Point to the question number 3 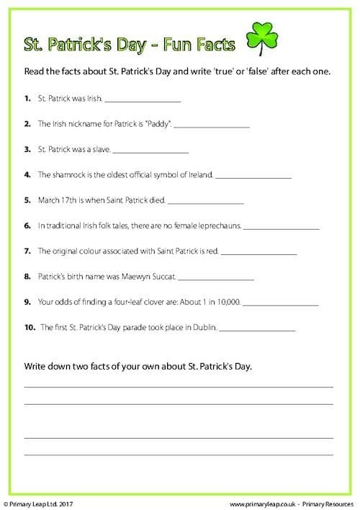click(x=27, y=149)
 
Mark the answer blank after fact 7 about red click(x=258, y=252)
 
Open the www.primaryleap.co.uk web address click(x=260, y=500)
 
